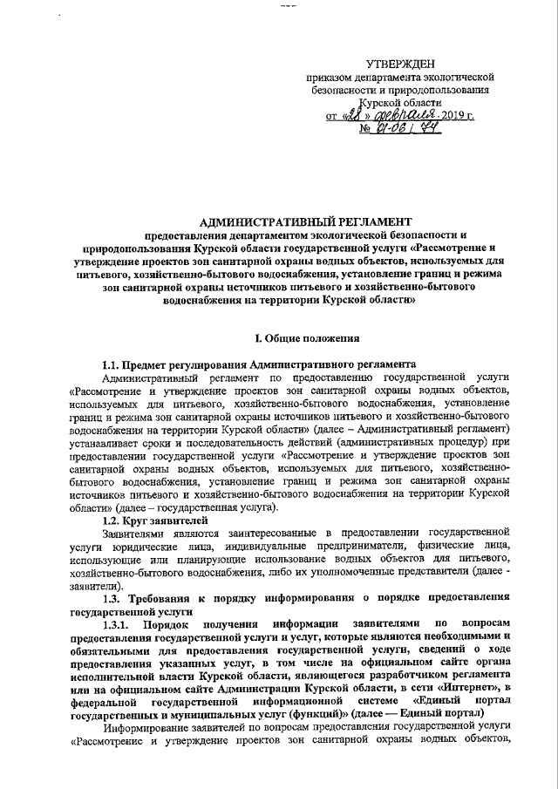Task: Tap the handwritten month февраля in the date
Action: tap(399, 114)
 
